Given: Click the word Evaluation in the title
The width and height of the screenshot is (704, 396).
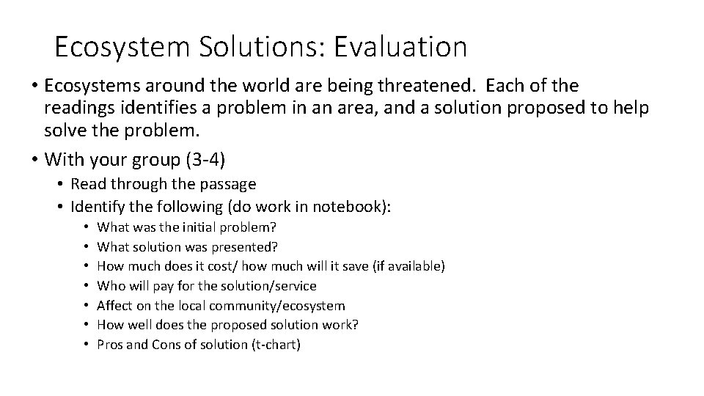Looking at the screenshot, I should coord(400,48).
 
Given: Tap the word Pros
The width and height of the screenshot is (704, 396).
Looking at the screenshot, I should coord(111,345).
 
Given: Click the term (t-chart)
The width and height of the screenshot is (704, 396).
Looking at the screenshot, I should coord(276,345).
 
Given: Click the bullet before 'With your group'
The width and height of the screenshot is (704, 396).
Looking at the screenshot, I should coord(34,158).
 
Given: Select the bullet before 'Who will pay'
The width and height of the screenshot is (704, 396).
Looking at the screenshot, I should coord(87,286).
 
